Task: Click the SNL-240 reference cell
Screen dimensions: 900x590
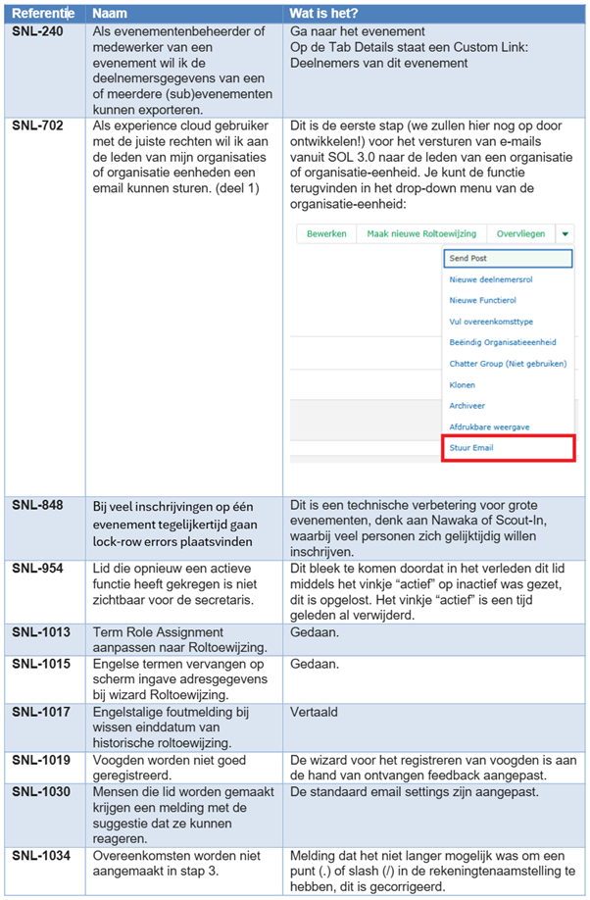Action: click(x=36, y=31)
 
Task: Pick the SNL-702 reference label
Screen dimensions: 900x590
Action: click(x=36, y=125)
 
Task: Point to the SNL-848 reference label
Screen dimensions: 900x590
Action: click(x=36, y=505)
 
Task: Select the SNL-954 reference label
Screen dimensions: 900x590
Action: click(x=36, y=569)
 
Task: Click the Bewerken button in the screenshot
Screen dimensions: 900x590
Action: click(x=326, y=234)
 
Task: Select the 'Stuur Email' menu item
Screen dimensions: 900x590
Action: click(x=471, y=448)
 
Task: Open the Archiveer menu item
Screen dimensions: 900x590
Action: click(x=467, y=405)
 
